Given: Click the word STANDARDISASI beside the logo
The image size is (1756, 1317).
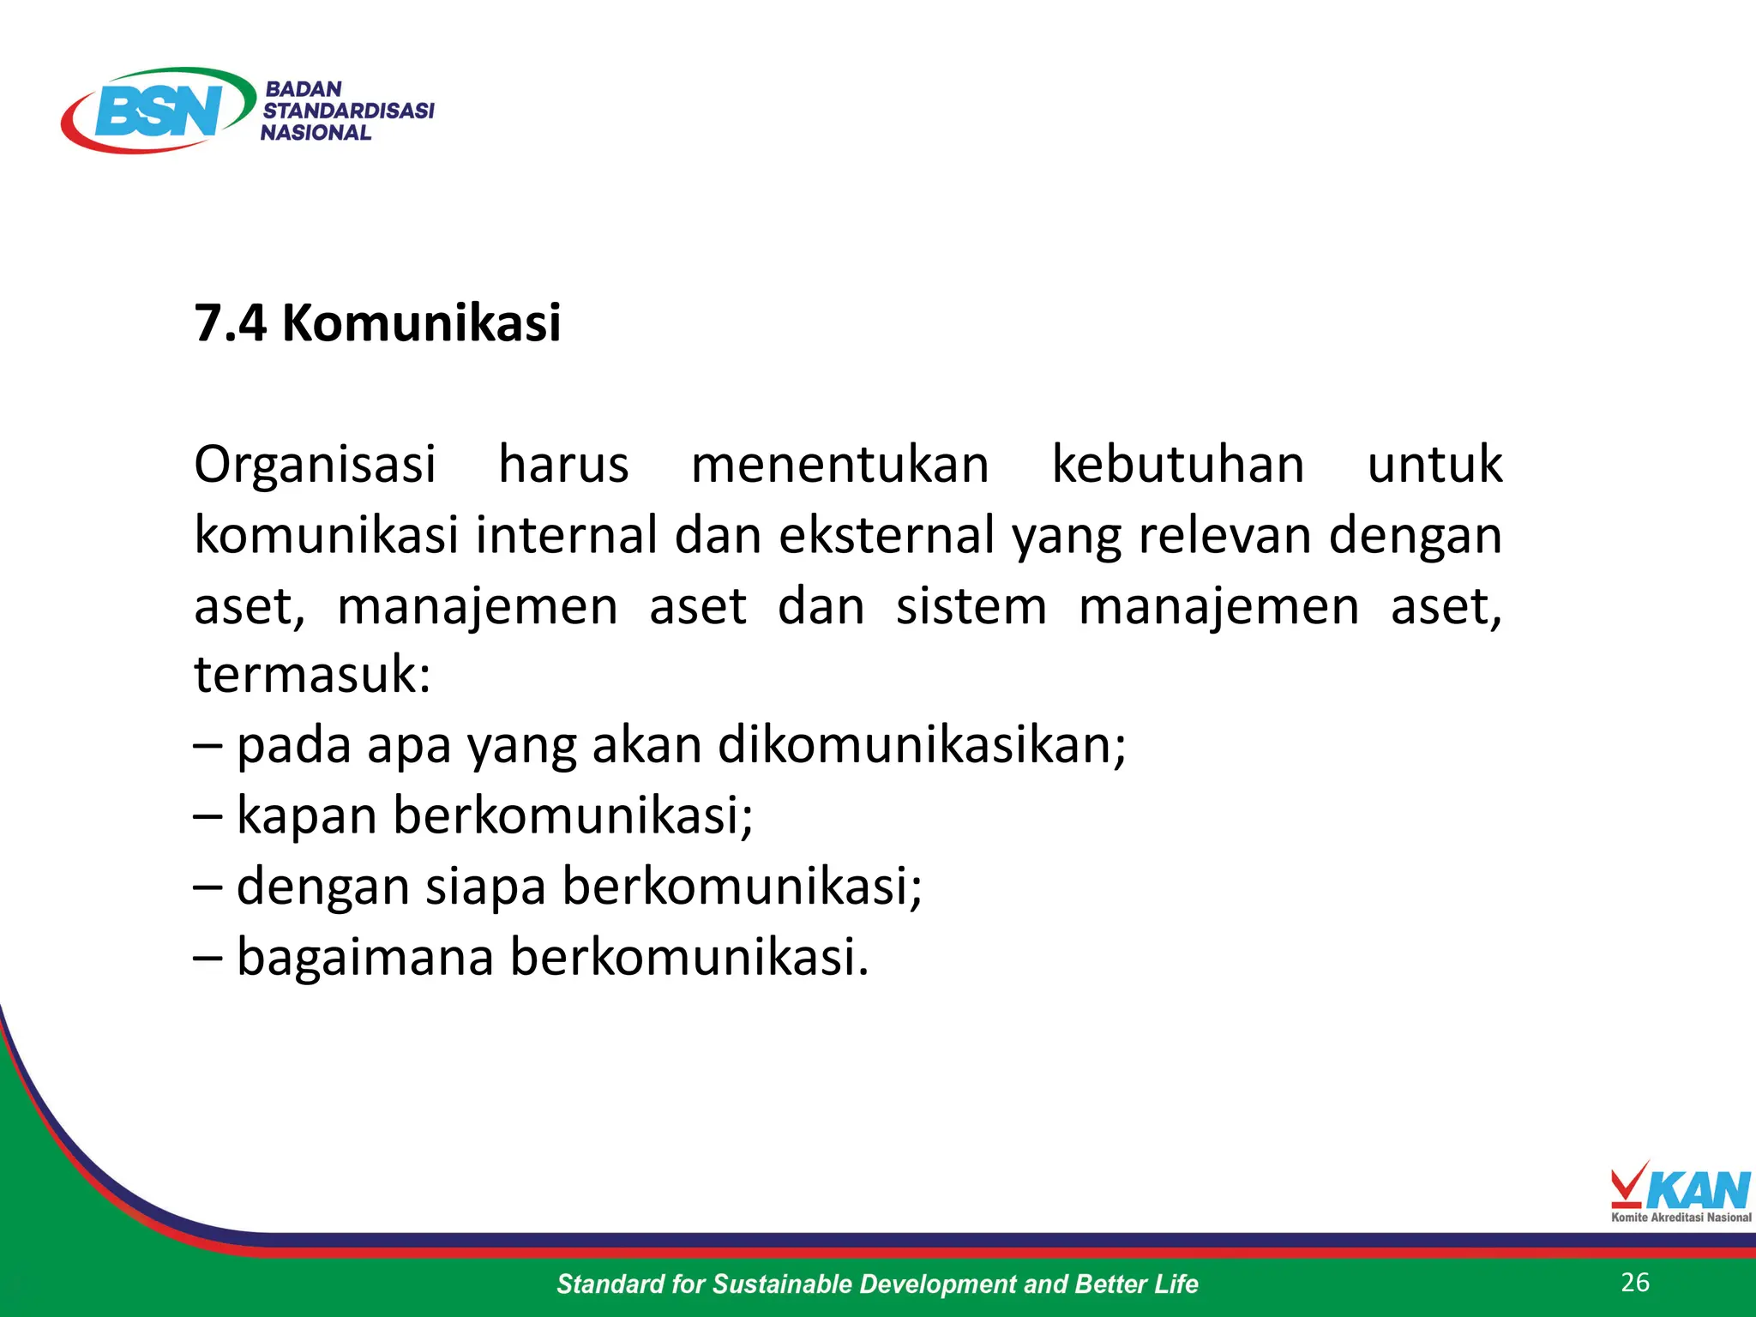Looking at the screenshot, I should point(348,111).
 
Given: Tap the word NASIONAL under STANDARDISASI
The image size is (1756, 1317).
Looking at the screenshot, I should point(316,133).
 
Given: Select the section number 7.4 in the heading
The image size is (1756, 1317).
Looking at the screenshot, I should point(230,323).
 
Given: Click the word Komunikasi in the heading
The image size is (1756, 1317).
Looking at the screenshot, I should point(422,323).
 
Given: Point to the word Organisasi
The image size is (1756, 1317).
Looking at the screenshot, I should point(315,466).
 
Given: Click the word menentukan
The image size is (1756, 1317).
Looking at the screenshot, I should point(839,466).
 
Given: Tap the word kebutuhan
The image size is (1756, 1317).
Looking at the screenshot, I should point(1178,466).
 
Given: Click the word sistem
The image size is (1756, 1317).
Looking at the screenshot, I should point(971,606).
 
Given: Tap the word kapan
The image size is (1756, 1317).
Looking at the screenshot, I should point(306,815).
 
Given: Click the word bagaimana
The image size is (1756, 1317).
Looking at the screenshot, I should point(365,956).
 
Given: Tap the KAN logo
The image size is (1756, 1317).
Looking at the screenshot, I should point(1681,1192).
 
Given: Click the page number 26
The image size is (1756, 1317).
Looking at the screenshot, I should point(1635,1283).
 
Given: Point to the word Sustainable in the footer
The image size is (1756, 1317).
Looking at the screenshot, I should point(781,1284).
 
